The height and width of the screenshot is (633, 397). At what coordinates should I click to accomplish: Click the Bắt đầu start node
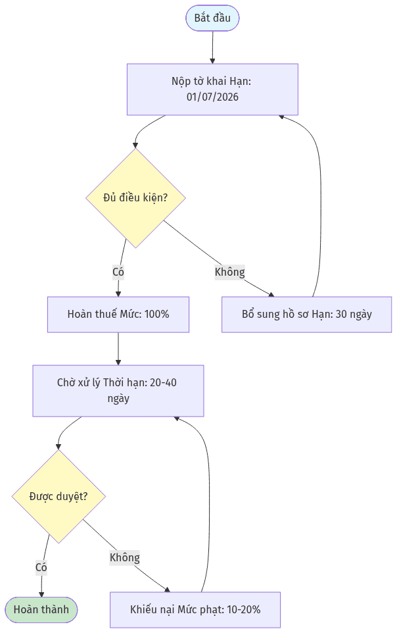click(x=212, y=18)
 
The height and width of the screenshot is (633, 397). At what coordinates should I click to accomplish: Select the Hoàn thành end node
click(x=41, y=609)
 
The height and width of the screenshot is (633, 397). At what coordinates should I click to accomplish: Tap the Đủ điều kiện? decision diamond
click(x=135, y=198)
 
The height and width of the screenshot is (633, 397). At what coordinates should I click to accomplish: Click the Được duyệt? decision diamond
click(x=58, y=496)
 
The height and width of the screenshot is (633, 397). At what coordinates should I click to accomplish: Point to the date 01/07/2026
click(x=212, y=97)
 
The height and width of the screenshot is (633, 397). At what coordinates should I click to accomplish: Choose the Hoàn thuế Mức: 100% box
click(x=118, y=315)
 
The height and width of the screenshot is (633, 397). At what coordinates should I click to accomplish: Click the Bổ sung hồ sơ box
click(x=307, y=315)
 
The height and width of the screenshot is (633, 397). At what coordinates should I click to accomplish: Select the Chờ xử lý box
click(x=118, y=391)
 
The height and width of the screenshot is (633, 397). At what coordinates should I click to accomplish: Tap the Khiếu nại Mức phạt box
click(x=195, y=609)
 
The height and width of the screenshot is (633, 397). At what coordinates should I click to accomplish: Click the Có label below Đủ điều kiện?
click(x=118, y=272)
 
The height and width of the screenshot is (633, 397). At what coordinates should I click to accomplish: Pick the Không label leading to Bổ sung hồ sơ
click(x=229, y=272)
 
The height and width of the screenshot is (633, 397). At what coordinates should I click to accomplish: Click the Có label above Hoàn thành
click(x=41, y=568)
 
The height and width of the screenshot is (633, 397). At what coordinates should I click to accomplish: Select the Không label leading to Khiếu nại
click(x=125, y=557)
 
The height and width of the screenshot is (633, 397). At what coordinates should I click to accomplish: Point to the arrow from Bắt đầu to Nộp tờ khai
click(x=212, y=47)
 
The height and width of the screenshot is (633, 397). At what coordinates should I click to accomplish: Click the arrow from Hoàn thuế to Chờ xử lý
click(x=118, y=349)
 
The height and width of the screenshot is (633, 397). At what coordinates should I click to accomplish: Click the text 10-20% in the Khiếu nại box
click(x=244, y=609)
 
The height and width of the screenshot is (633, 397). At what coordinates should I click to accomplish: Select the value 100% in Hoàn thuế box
click(x=156, y=315)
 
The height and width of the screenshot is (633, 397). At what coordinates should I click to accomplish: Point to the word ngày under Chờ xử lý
click(x=118, y=399)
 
